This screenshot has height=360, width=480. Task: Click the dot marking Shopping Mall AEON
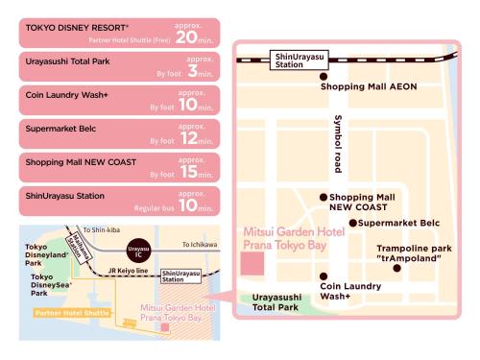pyautogui.click(x=323, y=75)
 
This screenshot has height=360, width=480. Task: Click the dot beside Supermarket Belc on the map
pyautogui.click(x=352, y=223)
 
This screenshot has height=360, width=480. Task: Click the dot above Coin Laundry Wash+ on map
pyautogui.click(x=323, y=273)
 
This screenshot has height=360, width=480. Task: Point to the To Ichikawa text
pyautogui.click(x=200, y=245)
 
